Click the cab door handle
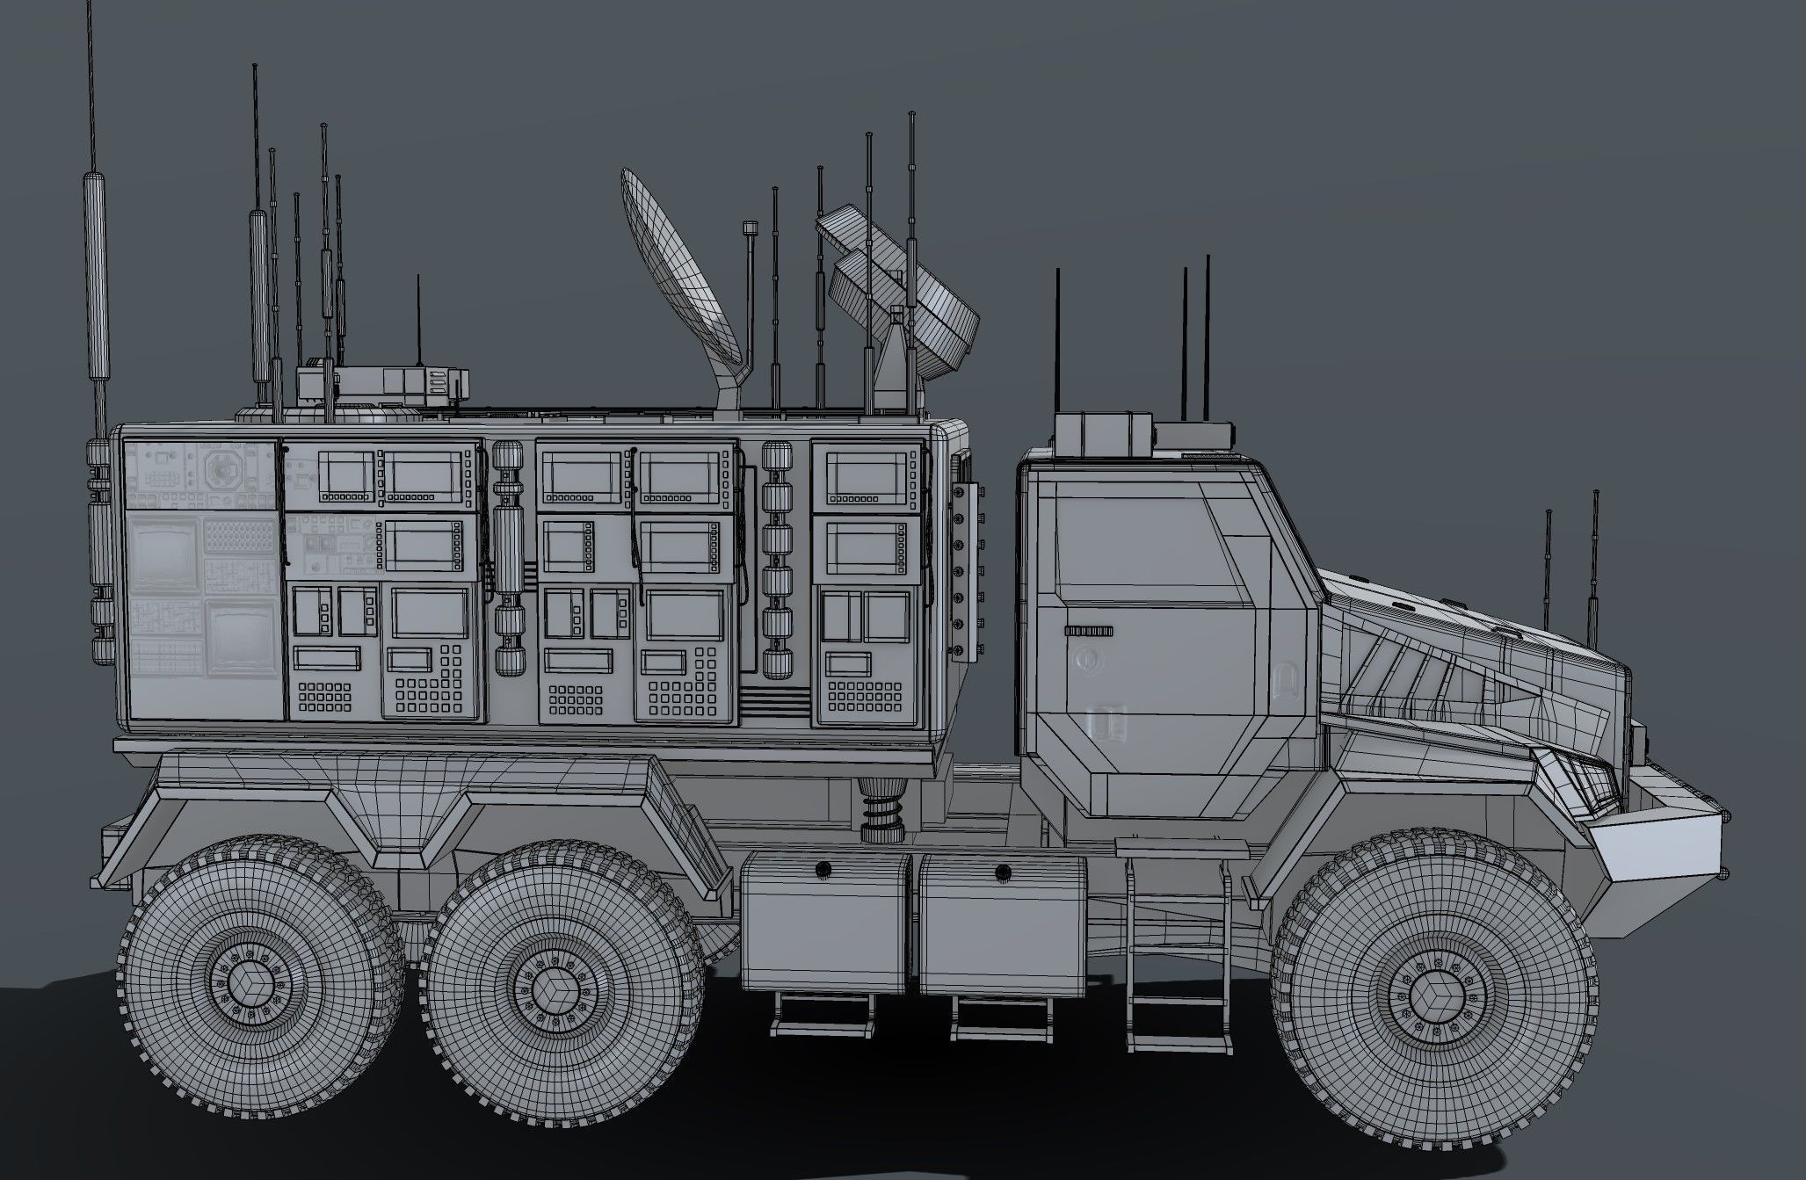1088,631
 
